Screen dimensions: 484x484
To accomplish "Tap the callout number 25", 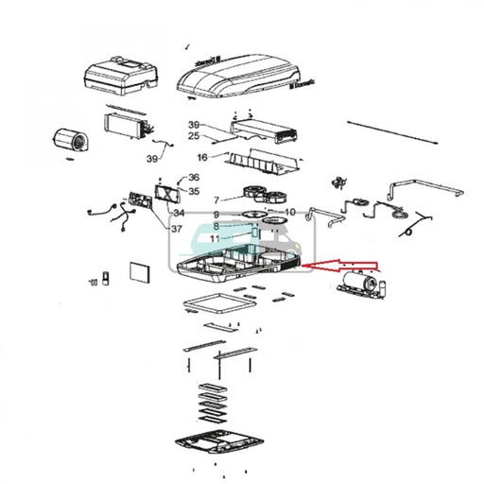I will coord(193,137).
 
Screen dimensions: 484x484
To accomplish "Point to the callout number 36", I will coord(194,177).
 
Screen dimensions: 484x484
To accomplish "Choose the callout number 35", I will coord(194,191).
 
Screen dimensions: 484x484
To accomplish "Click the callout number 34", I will coord(180,213).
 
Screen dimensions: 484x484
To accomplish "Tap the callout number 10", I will coord(216,216).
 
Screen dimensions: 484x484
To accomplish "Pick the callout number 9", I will coord(289,212).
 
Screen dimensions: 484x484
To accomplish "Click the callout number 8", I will coord(216,240).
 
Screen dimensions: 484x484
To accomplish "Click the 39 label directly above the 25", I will coord(193,125).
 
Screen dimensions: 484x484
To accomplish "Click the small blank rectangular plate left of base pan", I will coord(138,272).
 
